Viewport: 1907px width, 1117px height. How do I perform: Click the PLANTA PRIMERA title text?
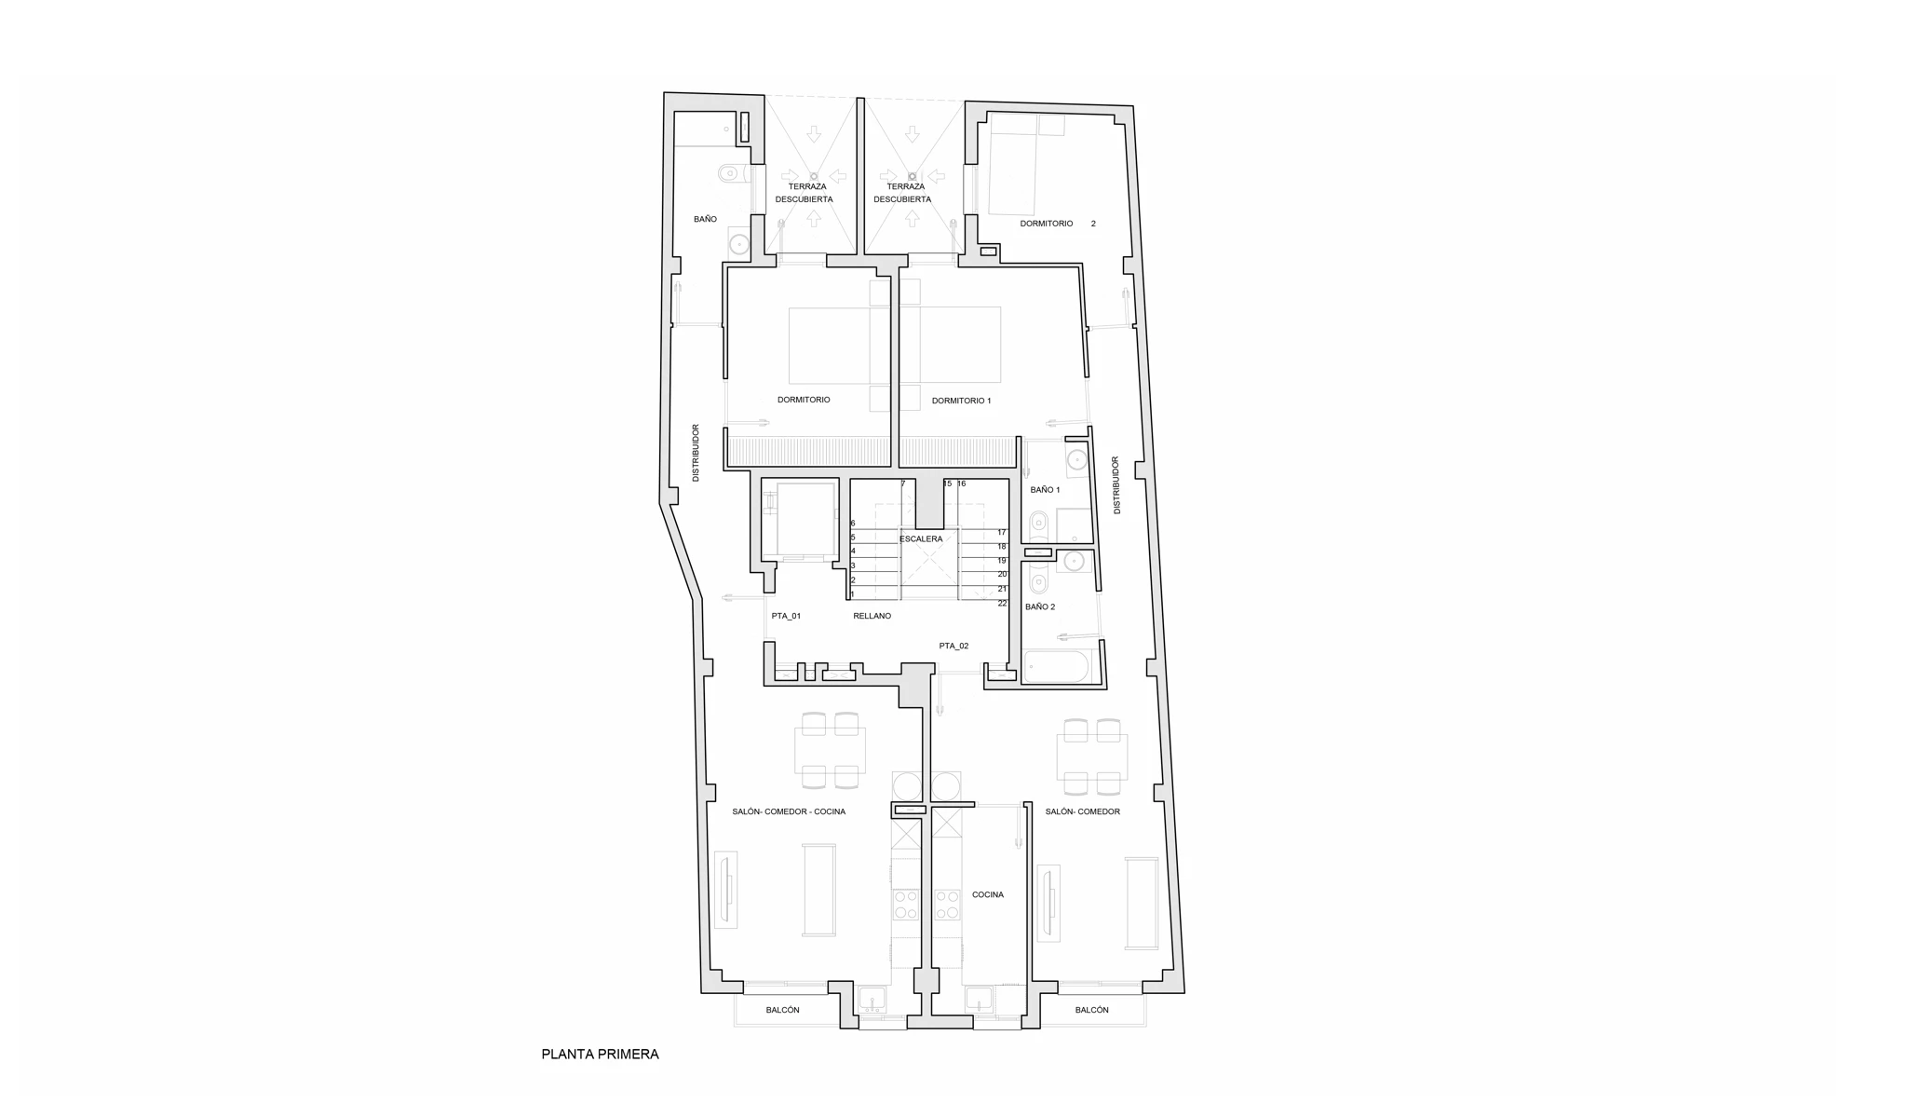[600, 1054]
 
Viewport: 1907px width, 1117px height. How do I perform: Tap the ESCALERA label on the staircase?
[921, 538]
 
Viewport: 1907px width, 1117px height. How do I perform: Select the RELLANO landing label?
[872, 616]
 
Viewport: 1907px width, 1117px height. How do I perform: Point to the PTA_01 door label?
[786, 616]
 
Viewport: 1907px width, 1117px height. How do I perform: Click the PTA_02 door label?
[953, 646]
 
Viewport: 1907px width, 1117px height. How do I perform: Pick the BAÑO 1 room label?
[1045, 489]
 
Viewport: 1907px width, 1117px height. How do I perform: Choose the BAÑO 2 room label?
[1040, 606]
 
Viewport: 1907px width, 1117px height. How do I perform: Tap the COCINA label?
[988, 894]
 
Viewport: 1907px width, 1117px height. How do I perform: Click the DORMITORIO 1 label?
[961, 401]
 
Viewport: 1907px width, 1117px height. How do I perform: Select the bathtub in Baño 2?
[1057, 666]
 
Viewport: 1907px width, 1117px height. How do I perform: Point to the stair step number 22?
[1002, 603]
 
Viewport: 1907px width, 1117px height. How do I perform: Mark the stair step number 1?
[852, 593]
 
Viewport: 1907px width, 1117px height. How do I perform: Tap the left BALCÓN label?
[782, 1010]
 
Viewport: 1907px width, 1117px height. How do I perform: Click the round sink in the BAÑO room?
[739, 245]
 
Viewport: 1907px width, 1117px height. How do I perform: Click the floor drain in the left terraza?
[813, 176]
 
